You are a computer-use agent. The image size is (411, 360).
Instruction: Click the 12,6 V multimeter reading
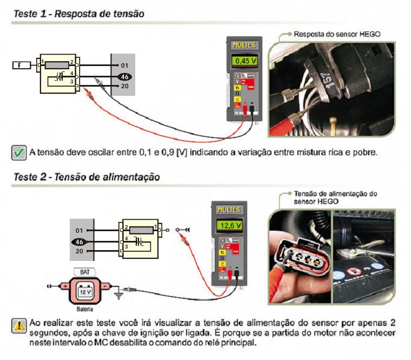click(x=229, y=224)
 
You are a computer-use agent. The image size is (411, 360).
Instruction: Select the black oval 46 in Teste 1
click(x=125, y=76)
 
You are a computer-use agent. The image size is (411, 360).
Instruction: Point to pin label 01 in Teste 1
click(x=124, y=66)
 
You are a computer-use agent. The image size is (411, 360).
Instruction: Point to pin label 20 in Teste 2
click(x=79, y=251)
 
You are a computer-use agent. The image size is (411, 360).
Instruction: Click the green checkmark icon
click(x=19, y=152)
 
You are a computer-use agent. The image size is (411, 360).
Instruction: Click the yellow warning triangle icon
click(x=19, y=325)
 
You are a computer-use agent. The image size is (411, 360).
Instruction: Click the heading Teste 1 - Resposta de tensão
click(x=78, y=14)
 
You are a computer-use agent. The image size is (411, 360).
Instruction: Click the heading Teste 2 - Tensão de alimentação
click(x=86, y=177)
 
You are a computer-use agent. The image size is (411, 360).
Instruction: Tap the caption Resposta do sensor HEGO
click(x=337, y=34)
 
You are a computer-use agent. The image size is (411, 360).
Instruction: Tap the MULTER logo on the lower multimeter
click(x=229, y=210)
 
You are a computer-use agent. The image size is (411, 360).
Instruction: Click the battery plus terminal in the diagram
click(x=65, y=285)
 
